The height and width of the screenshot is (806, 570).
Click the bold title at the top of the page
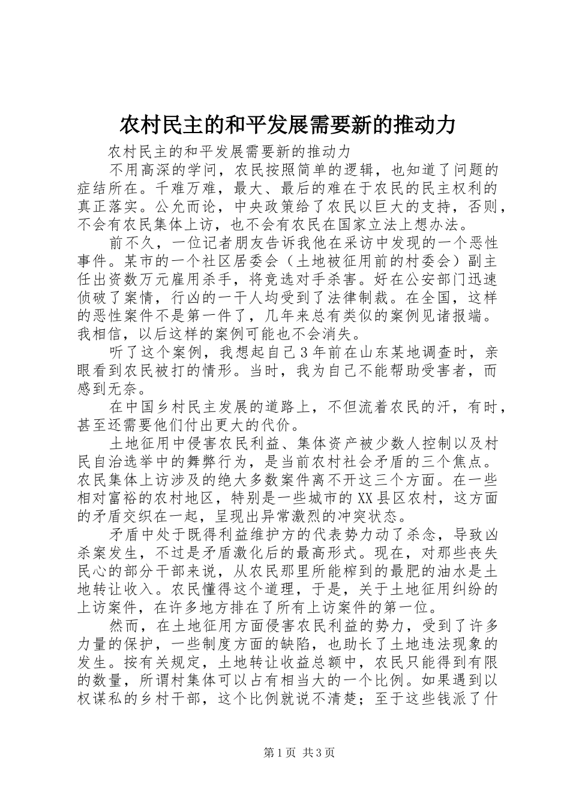pyautogui.click(x=285, y=125)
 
